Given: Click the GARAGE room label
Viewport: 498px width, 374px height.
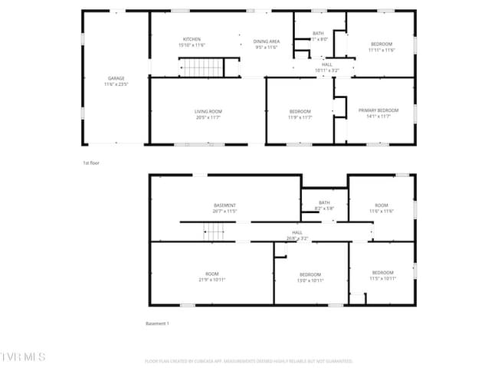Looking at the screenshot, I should [116, 78].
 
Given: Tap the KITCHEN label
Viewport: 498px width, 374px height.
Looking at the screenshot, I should [192, 39].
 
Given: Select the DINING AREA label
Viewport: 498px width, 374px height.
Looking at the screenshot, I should [267, 41].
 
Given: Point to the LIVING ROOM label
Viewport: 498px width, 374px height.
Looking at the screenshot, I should [208, 112].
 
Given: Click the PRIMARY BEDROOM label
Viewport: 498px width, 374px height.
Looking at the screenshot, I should [378, 111].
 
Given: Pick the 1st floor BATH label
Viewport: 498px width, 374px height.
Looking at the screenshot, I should [318, 34].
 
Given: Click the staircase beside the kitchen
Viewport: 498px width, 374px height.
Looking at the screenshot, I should [201, 68].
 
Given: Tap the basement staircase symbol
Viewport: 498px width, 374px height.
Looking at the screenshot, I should [213, 231].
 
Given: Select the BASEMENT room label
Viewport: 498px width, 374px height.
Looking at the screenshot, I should [224, 205].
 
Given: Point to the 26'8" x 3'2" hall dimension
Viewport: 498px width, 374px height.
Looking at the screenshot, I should [297, 238].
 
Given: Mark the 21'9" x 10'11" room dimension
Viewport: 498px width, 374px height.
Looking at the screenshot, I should [211, 280].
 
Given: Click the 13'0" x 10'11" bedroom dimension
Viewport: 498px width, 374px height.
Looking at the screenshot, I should [310, 280].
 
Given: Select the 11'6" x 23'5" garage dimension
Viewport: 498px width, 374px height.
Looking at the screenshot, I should [116, 84].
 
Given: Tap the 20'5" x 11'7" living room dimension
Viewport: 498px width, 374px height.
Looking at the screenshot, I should [208, 117].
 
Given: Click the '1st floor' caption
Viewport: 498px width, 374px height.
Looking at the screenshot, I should [91, 163].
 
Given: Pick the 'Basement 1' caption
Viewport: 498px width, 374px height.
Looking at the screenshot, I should [157, 323].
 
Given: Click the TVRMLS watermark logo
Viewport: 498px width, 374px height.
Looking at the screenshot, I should [23, 357].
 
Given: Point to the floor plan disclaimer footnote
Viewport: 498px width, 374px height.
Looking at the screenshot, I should [248, 361].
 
